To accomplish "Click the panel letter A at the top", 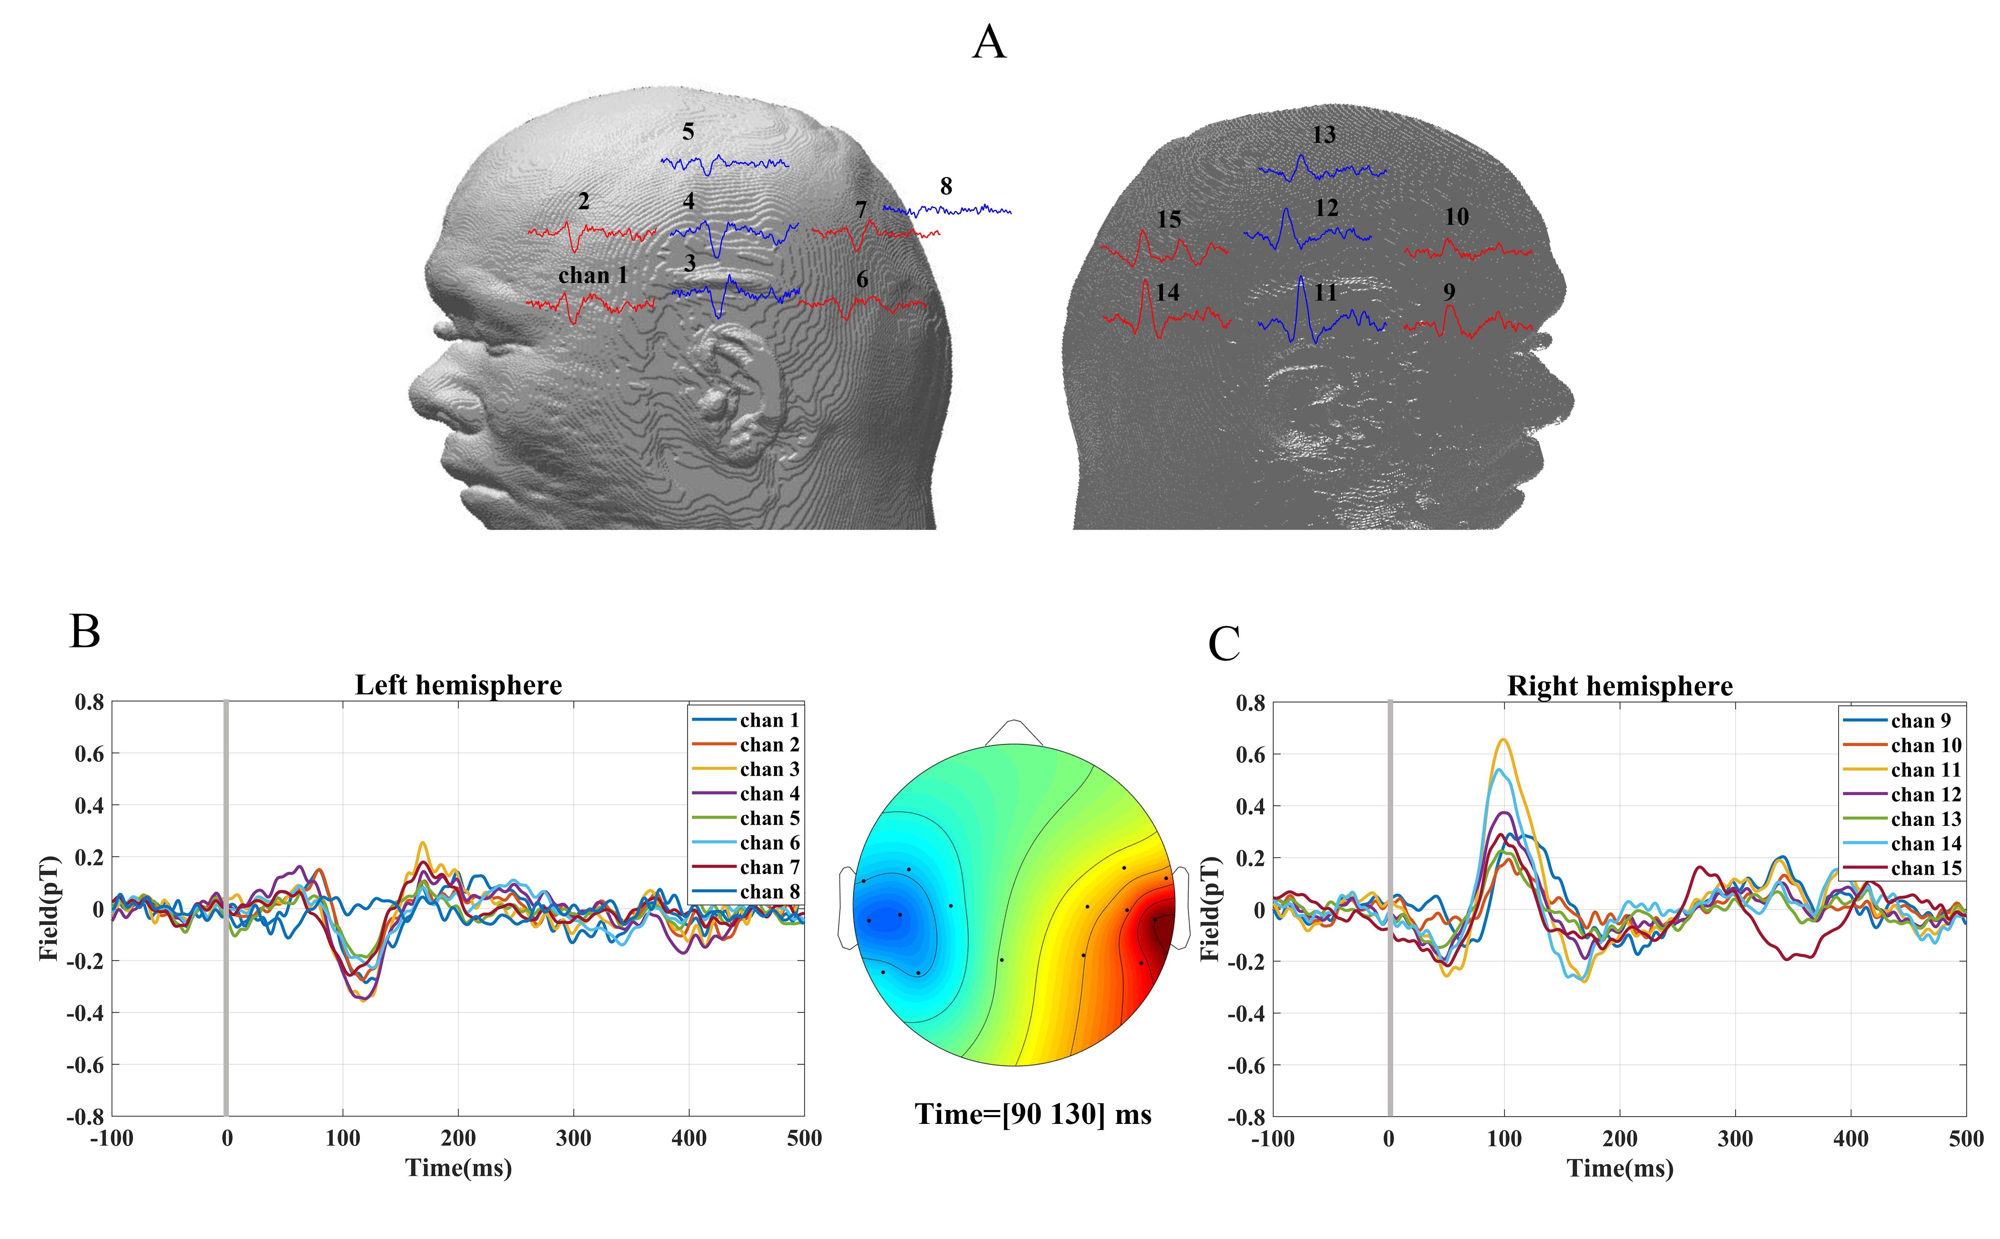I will [x=990, y=43].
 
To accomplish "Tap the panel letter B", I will [x=85, y=632].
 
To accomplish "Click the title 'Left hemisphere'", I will [x=458, y=685].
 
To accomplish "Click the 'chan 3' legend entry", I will [x=769, y=769].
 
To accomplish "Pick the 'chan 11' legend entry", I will [x=1925, y=770].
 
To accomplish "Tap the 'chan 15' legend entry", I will [x=1925, y=869].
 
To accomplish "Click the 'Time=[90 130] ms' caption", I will [x=1033, y=1114].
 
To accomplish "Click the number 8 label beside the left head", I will [x=946, y=187].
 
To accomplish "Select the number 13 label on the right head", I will [x=1324, y=135].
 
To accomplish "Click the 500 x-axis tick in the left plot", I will [x=804, y=1138].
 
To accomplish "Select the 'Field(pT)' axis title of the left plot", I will [x=49, y=908].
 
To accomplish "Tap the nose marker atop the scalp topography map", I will [x=1014, y=732].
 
